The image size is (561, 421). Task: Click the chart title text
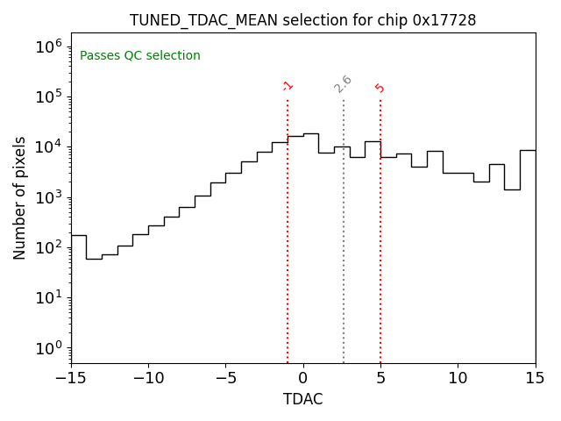(x=302, y=20)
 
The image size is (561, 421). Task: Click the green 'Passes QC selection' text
(x=140, y=56)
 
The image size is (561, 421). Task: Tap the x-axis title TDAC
(x=302, y=399)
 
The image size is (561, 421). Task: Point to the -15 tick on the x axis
(x=71, y=377)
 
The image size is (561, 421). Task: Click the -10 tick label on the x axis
(x=148, y=377)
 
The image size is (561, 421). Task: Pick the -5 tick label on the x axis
(x=225, y=377)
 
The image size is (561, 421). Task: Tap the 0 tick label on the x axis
(x=303, y=377)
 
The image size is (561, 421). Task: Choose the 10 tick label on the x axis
(x=458, y=377)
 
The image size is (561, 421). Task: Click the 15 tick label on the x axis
(x=535, y=377)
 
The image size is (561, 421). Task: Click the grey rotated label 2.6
(x=343, y=84)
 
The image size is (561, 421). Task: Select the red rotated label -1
(x=288, y=86)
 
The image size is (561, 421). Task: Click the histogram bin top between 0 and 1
(x=310, y=133)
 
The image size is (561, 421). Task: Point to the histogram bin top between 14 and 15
(x=528, y=150)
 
